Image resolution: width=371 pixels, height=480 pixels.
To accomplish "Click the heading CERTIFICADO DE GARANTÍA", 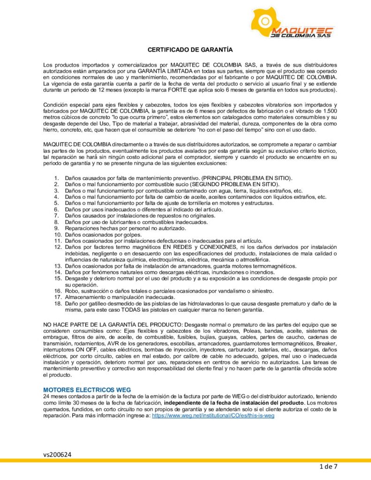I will tap(190, 49).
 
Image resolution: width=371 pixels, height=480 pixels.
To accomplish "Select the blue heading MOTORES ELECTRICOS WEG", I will tap(87, 390).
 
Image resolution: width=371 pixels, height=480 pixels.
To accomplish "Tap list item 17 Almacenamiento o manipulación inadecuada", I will tap(120, 297).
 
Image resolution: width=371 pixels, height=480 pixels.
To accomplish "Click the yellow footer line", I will tap(185, 460).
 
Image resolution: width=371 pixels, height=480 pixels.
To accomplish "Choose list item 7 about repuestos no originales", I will tap(133, 216).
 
